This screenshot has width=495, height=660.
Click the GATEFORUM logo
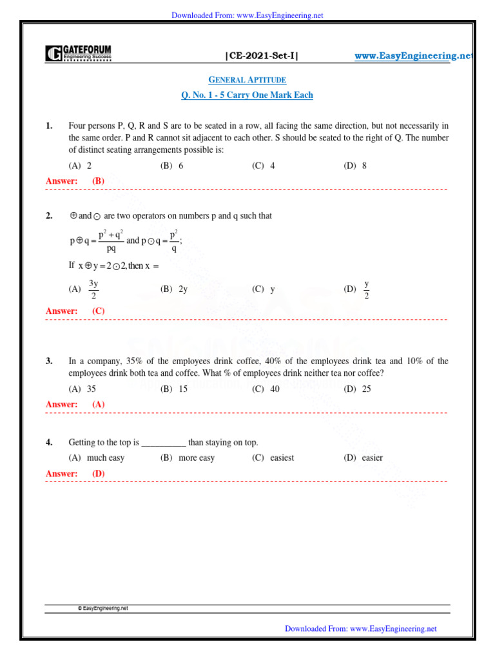pyautogui.click(x=78, y=53)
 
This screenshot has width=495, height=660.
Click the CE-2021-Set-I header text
pyautogui.click(x=262, y=56)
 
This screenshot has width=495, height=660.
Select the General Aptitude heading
pyautogui.click(x=247, y=79)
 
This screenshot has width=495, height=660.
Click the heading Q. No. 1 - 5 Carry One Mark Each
pyautogui.click(x=247, y=95)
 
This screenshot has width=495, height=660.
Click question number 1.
pyautogui.click(x=49, y=126)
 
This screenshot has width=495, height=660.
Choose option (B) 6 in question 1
pyautogui.click(x=172, y=166)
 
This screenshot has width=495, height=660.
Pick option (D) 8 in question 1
pyautogui.click(x=355, y=166)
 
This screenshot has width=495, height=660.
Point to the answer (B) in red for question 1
pyautogui.click(x=98, y=181)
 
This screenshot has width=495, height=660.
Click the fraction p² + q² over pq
pyautogui.click(x=111, y=240)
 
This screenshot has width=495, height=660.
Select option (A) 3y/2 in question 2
pyautogui.click(x=84, y=289)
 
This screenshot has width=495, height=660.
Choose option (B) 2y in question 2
pyautogui.click(x=174, y=289)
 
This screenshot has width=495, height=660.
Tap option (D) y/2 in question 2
pyautogui.click(x=358, y=289)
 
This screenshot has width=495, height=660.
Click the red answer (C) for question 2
pyautogui.click(x=98, y=311)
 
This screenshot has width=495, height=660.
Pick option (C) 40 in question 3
pyautogui.click(x=266, y=389)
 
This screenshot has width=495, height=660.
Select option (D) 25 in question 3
pyautogui.click(x=358, y=389)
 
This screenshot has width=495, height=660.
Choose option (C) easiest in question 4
pyautogui.click(x=273, y=458)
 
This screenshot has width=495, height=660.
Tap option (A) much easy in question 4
pyautogui.click(x=97, y=458)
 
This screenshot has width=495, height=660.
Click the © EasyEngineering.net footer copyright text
pyautogui.click(x=102, y=607)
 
